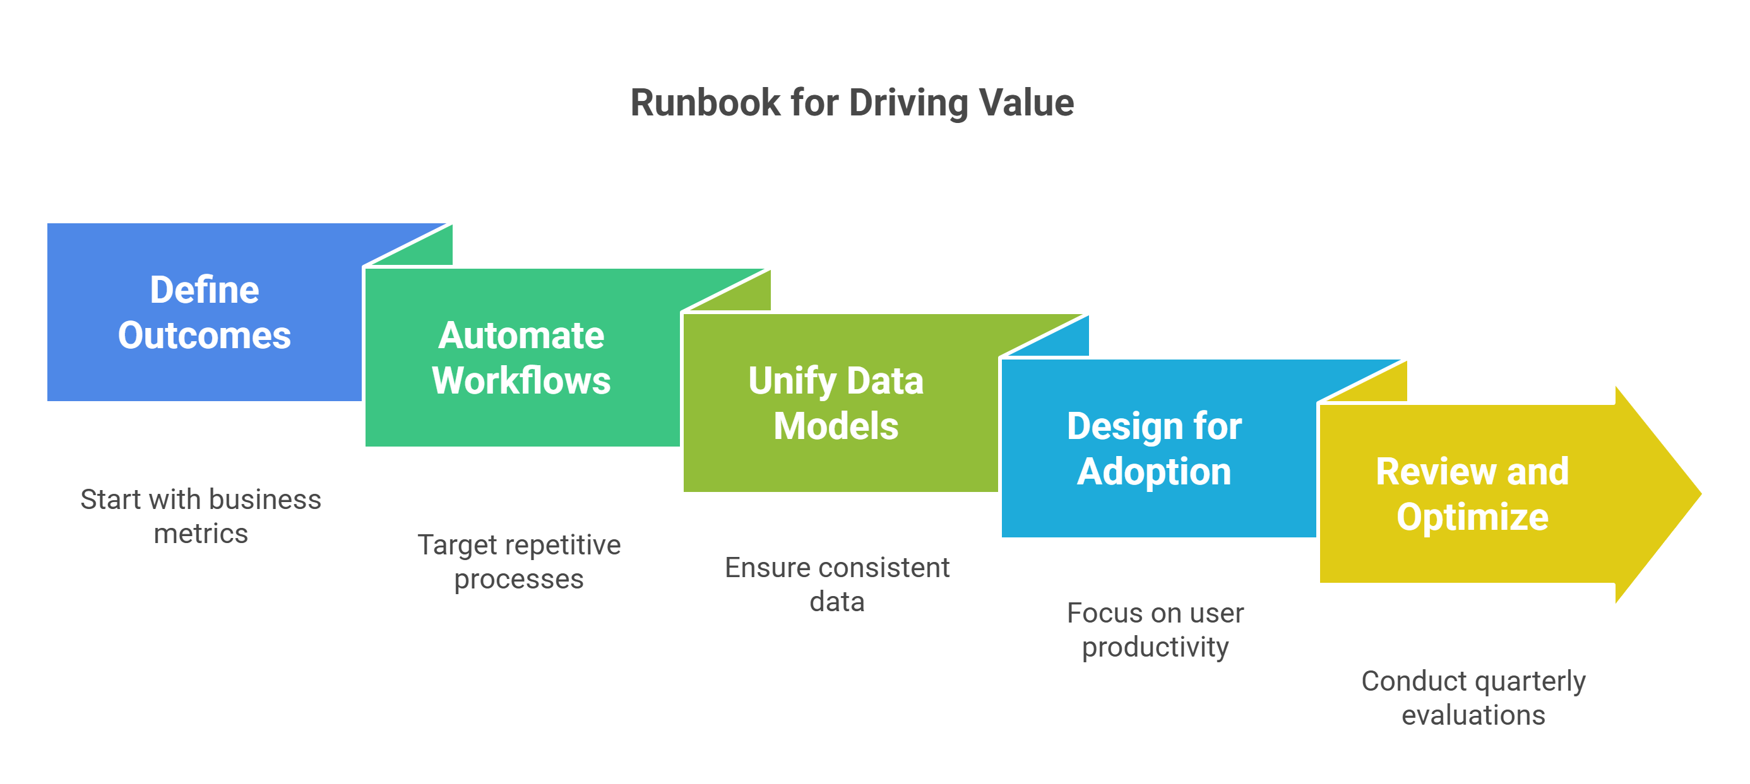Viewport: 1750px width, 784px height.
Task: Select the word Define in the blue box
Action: tap(204, 290)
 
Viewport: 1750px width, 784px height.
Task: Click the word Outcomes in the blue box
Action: tap(204, 336)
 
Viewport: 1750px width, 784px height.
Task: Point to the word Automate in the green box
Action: tap(521, 336)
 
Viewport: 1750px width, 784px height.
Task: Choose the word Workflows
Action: tap(521, 381)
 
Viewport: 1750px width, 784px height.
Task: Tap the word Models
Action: tap(836, 426)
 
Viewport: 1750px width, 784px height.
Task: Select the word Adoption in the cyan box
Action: tap(1153, 472)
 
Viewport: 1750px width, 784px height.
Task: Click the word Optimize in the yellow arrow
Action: tap(1472, 517)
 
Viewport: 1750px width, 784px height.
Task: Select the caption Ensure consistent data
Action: tap(837, 585)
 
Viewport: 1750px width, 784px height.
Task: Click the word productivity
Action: tap(1155, 647)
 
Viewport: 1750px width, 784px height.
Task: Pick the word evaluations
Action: tap(1473, 715)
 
